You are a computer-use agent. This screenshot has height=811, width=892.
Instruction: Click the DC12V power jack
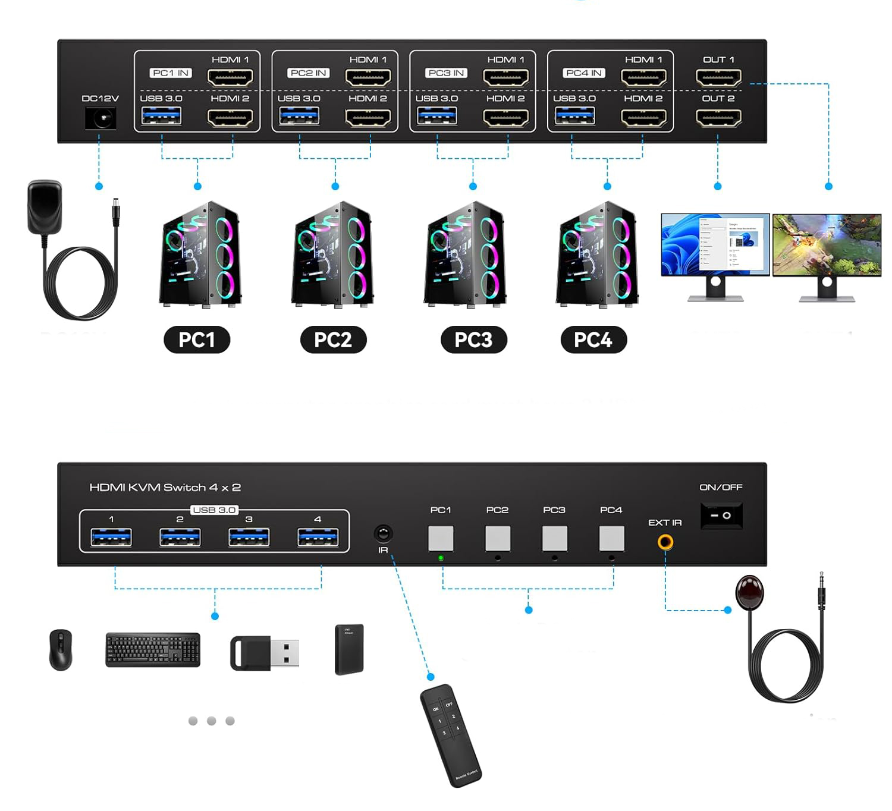(100, 119)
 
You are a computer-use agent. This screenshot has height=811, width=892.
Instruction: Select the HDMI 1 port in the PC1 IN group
(230, 77)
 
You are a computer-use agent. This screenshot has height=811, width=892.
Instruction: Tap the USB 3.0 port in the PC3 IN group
(437, 115)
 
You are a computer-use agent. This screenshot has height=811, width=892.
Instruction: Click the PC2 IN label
(308, 73)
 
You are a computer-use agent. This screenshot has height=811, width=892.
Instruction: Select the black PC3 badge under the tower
(473, 340)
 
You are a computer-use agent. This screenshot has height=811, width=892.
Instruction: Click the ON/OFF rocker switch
(721, 515)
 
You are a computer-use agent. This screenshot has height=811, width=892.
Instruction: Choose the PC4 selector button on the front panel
(611, 539)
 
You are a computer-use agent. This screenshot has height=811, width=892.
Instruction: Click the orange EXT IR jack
(665, 542)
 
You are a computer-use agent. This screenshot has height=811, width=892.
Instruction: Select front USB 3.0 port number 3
(249, 537)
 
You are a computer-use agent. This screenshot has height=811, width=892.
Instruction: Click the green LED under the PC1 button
(441, 558)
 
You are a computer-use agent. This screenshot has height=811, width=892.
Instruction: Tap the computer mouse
(61, 649)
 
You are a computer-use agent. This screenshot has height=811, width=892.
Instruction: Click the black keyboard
(153, 649)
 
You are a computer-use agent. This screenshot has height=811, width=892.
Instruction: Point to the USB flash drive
(265, 653)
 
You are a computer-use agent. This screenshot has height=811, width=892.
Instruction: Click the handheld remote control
(450, 735)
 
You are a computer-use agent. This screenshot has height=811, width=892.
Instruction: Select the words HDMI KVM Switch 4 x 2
(165, 488)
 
